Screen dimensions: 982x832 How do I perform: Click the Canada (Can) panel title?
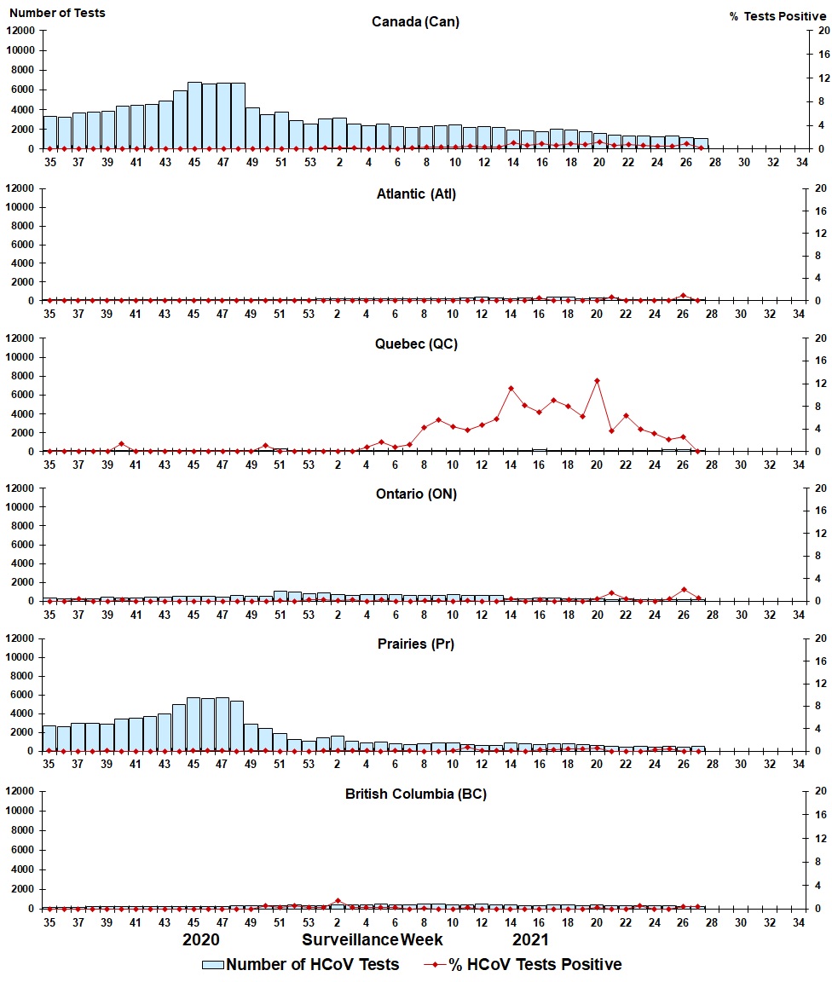[x=415, y=21]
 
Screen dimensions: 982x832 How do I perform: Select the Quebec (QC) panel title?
[x=416, y=344]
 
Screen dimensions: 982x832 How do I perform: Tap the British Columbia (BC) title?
[x=416, y=794]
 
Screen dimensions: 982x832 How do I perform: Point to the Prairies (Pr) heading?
[x=416, y=644]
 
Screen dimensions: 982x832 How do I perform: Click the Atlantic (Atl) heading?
[x=416, y=194]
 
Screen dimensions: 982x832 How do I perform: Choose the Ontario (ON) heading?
[x=416, y=494]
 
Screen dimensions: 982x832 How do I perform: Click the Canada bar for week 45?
[x=194, y=116]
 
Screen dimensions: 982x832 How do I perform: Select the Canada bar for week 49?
[x=252, y=129]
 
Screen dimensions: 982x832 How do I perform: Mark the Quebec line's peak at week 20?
[x=597, y=380]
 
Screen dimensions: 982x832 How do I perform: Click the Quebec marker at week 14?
[x=511, y=389]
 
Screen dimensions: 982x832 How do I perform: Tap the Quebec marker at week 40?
[x=122, y=443]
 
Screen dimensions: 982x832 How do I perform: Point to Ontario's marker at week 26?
[x=684, y=590]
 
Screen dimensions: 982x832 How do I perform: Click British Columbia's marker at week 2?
[x=338, y=900]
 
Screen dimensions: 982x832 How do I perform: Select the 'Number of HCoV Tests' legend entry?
[x=300, y=964]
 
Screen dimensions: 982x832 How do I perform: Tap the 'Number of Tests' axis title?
[x=56, y=13]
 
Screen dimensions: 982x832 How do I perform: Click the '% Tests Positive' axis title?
[x=777, y=16]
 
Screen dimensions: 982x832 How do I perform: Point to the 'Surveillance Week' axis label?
[x=373, y=939]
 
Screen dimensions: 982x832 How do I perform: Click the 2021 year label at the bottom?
[x=530, y=939]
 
